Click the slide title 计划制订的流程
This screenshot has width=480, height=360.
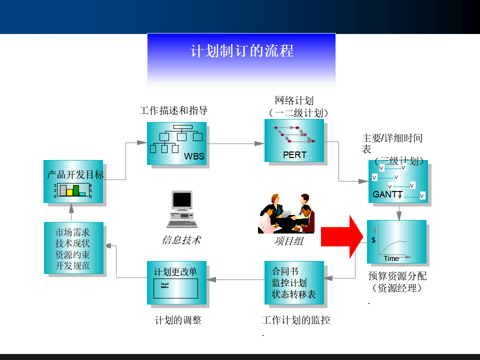[x=241, y=51]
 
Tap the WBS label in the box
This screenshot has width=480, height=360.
[x=194, y=156]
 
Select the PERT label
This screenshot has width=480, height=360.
[x=294, y=155]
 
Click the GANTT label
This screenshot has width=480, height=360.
[x=387, y=194]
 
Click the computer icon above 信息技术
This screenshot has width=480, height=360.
[x=181, y=206]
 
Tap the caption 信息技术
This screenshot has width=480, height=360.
[x=181, y=240]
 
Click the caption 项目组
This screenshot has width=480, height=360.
[x=288, y=241]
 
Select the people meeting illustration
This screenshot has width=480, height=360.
[x=286, y=213]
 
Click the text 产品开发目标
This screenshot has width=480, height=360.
[x=75, y=175]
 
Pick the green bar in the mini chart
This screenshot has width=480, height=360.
[x=76, y=190]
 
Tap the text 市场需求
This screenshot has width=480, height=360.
[x=72, y=232]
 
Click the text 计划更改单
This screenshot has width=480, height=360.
[x=175, y=272]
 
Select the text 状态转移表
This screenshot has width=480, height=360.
[x=293, y=294]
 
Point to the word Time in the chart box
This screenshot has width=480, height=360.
[x=391, y=258]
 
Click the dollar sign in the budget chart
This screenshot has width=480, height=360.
[x=373, y=240]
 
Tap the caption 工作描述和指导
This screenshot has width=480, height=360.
[x=173, y=110]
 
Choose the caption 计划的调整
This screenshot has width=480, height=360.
[x=178, y=320]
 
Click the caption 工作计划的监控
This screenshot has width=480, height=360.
[x=296, y=320]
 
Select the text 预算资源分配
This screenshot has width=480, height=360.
[x=397, y=276]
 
